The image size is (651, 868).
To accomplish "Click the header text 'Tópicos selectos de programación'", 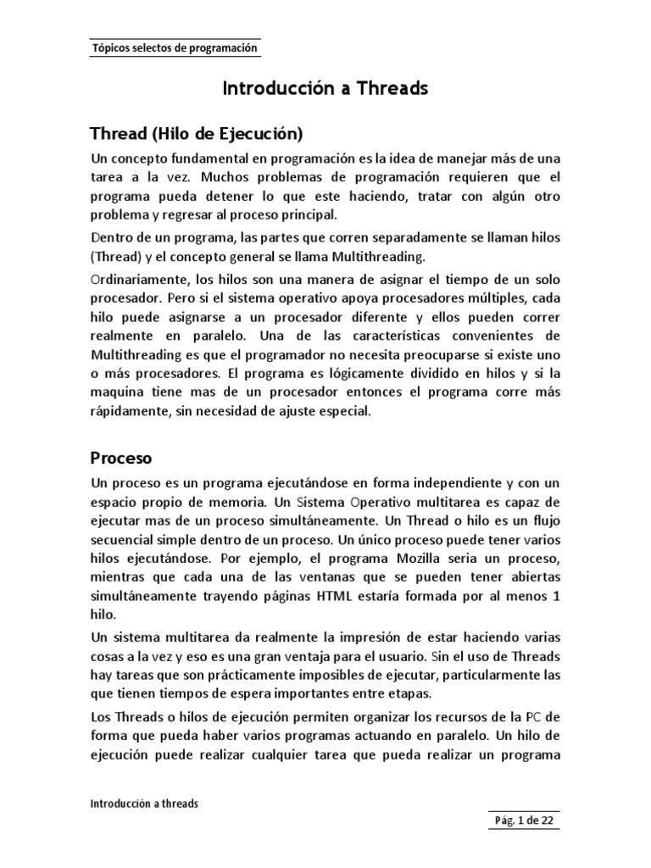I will click(174, 49).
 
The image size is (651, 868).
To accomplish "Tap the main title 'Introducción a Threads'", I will click(325, 88).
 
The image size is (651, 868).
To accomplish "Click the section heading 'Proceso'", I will click(120, 459).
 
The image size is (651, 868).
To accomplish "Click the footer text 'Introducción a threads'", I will click(145, 803).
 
